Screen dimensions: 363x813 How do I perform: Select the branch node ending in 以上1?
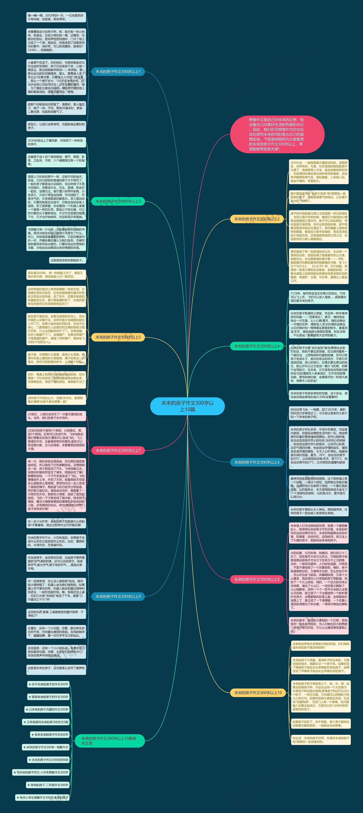point(118,72)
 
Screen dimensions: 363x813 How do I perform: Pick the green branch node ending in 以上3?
point(118,201)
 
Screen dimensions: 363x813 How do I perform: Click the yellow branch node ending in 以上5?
point(118,337)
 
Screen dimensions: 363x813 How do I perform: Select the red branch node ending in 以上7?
point(118,450)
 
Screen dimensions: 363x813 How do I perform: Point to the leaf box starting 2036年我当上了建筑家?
point(56,142)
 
